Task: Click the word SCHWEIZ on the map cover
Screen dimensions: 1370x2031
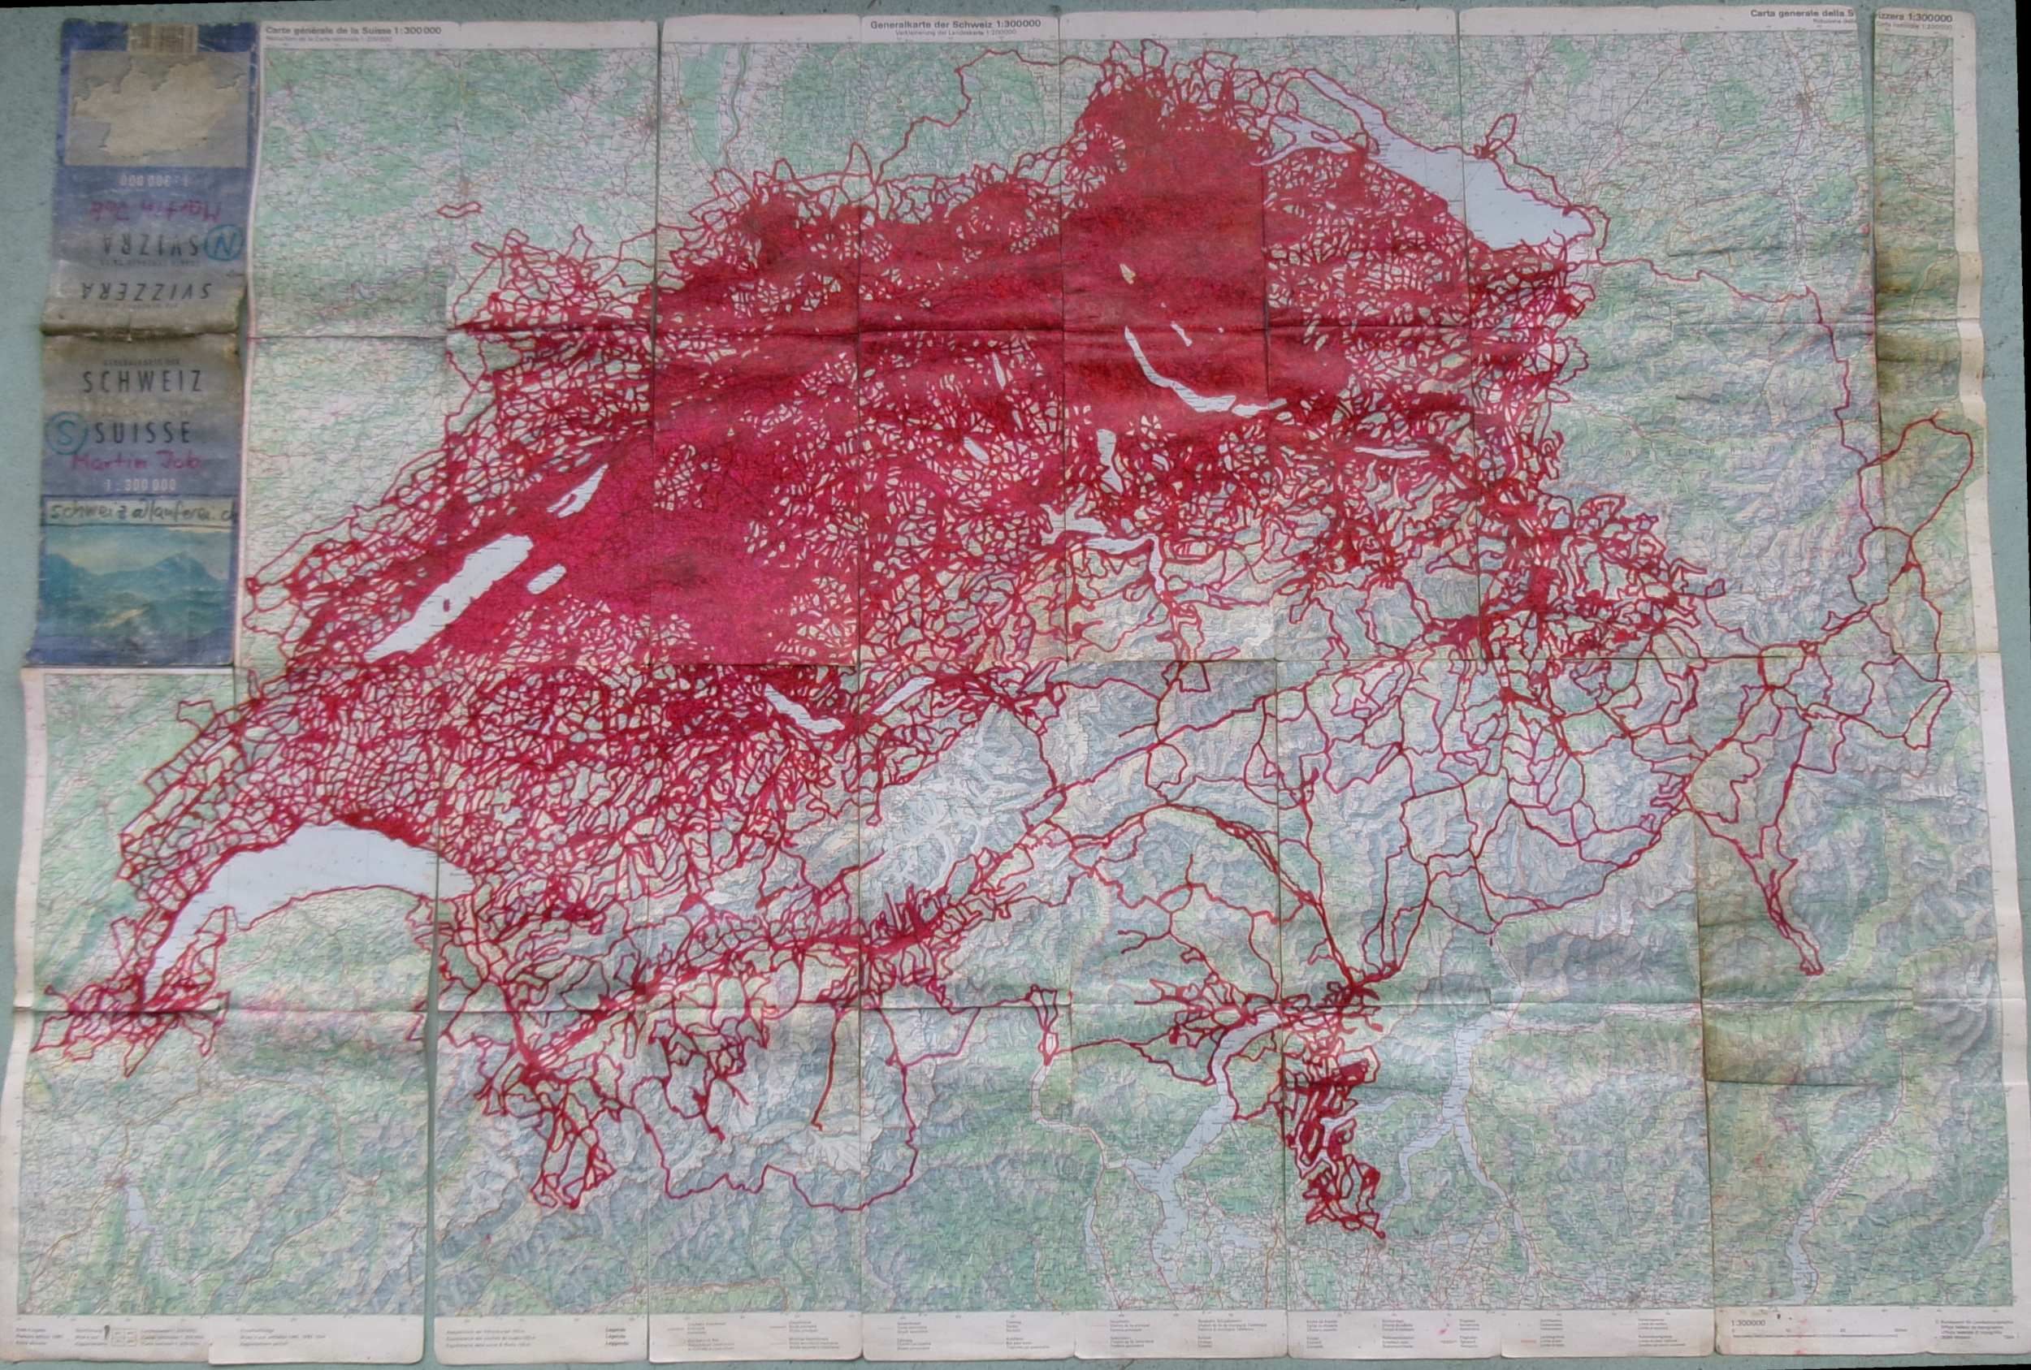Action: pos(141,381)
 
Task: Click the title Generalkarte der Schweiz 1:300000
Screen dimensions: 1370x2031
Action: pos(955,24)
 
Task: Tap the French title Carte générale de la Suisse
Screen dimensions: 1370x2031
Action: pos(353,30)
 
